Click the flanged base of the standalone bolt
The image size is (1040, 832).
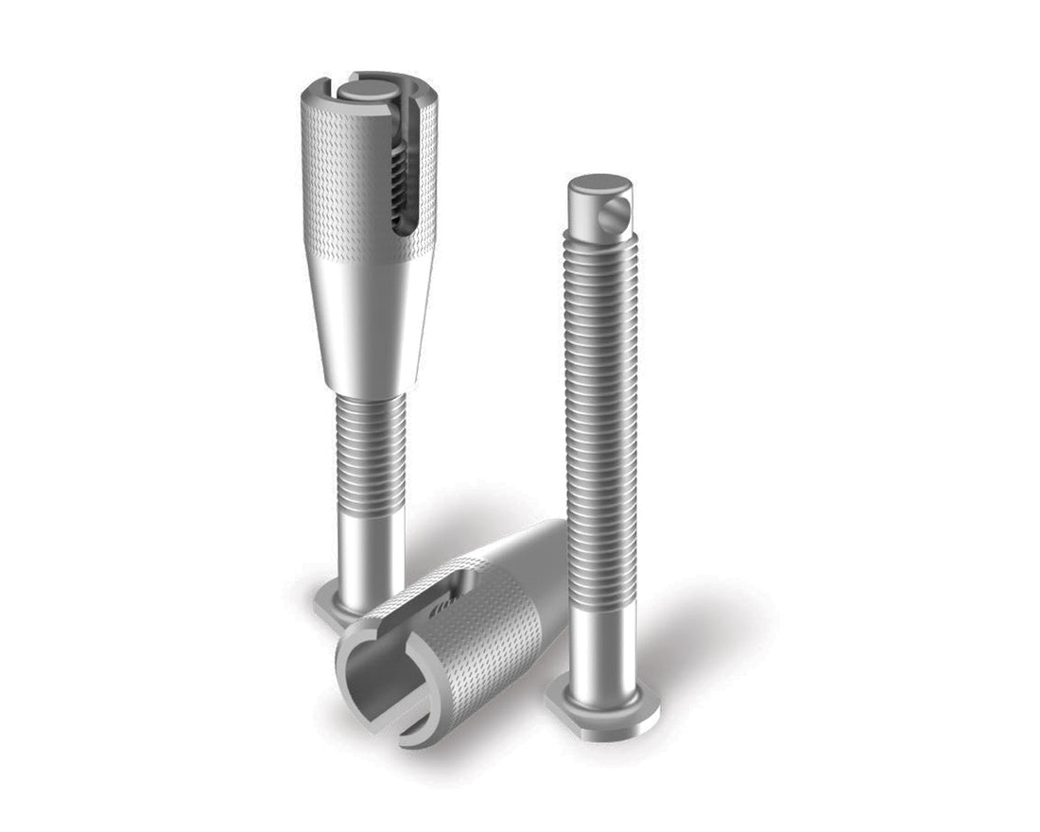click(x=603, y=709)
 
